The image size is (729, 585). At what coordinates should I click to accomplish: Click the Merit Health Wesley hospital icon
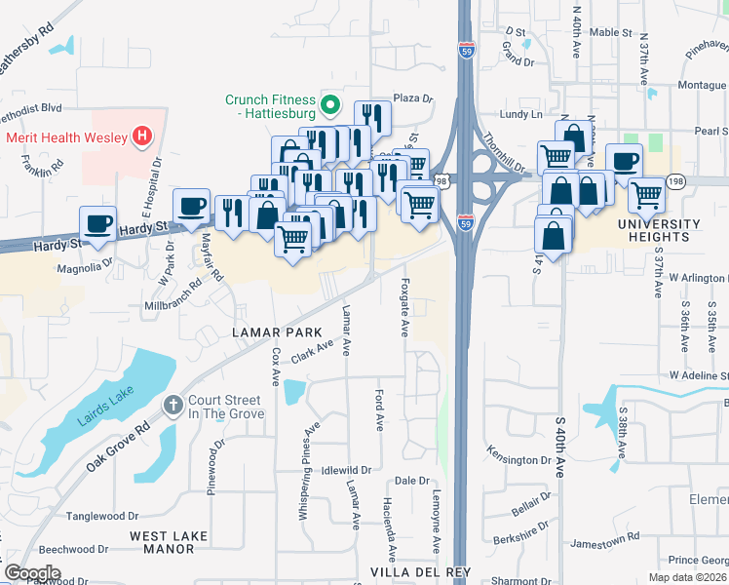coord(143,136)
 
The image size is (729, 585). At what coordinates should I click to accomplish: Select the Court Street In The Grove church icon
coord(173,406)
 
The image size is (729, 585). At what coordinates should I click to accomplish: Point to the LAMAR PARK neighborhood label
coord(270,332)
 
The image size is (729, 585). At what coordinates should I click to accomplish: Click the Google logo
coord(32,573)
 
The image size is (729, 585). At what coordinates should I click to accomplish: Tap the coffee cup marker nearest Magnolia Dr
coord(97,222)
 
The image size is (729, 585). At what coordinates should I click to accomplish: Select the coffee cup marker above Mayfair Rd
coord(191,205)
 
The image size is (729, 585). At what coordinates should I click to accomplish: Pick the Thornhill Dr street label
coord(504,153)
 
